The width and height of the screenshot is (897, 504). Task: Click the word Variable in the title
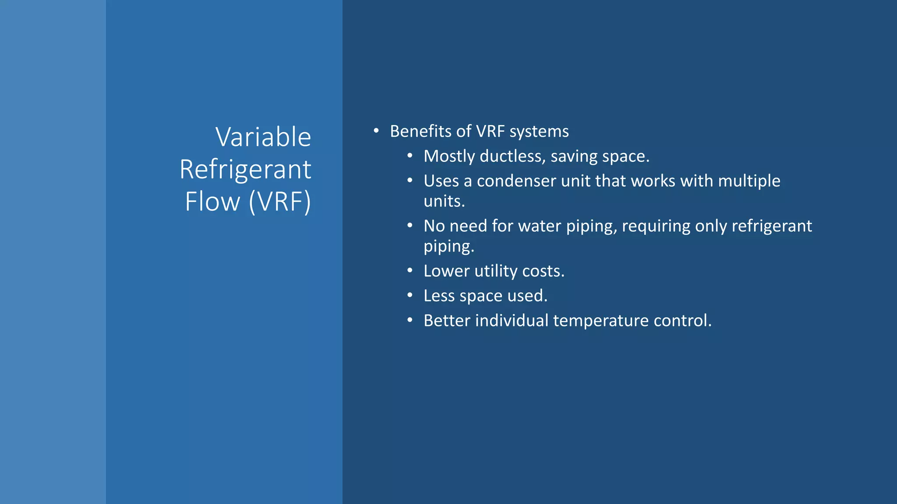click(263, 137)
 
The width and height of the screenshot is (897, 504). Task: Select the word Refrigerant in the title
click(245, 169)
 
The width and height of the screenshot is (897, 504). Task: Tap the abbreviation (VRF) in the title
click(280, 202)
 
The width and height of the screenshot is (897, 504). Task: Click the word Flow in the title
click(212, 202)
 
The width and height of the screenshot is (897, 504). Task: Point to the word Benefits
click(419, 131)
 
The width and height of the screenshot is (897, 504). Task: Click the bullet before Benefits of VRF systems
click(376, 131)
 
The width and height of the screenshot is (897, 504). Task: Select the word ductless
click(512, 156)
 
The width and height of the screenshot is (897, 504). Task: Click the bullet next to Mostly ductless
click(410, 156)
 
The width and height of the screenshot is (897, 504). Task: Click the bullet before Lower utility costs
click(410, 271)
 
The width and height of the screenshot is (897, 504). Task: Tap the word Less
click(439, 296)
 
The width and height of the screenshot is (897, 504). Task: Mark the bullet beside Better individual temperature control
click(410, 320)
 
